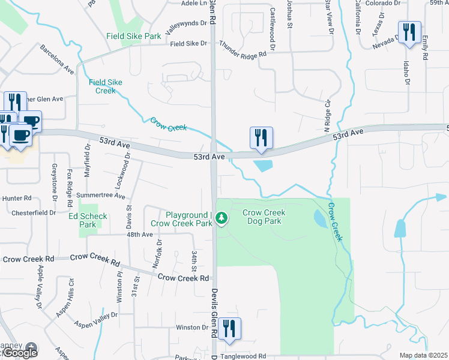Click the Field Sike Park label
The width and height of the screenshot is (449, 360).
coord(133,36)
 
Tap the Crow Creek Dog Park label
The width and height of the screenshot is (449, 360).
coord(264,217)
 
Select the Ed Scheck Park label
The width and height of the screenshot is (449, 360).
coord(88,220)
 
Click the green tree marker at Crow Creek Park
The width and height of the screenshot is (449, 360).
coord(222,217)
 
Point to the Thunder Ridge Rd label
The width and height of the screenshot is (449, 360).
coord(243,49)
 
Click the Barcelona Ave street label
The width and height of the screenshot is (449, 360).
coord(57,59)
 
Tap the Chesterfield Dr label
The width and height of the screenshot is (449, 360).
coord(34,212)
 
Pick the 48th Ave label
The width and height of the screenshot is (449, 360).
coord(139,235)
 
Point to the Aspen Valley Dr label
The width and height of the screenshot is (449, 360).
coord(96,320)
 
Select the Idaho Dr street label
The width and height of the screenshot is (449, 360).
coord(406,73)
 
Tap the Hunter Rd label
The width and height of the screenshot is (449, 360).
coord(17,198)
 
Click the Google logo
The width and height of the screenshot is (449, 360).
coord(20,353)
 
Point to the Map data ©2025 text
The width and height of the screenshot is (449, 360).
coord(423,355)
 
